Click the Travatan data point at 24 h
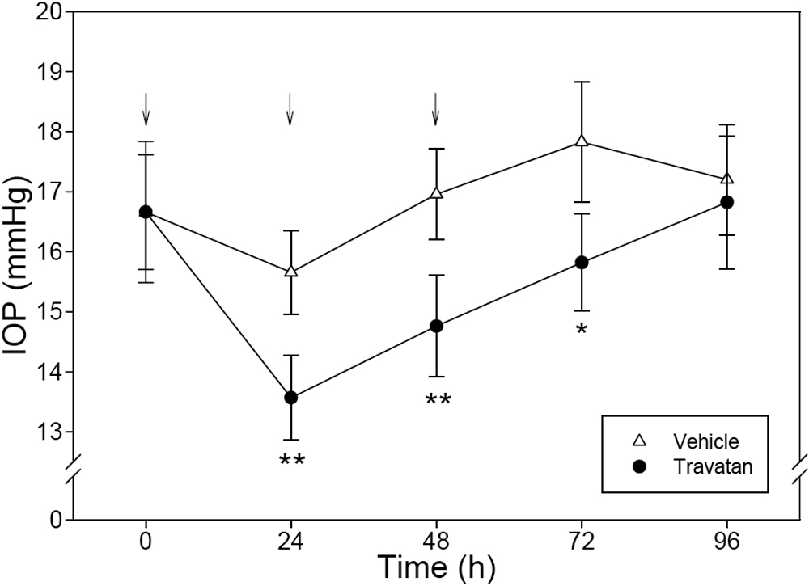point(291,398)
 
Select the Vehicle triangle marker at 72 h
point(581,141)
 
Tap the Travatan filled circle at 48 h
point(436,326)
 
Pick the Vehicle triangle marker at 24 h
point(291,272)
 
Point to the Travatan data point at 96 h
point(726,202)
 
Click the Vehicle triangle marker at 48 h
point(436,193)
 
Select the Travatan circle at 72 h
point(581,262)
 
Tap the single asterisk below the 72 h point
point(581,331)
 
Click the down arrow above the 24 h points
point(290,109)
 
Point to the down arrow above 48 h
point(435,109)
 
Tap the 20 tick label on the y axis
point(53,11)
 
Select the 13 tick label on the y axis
point(53,432)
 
